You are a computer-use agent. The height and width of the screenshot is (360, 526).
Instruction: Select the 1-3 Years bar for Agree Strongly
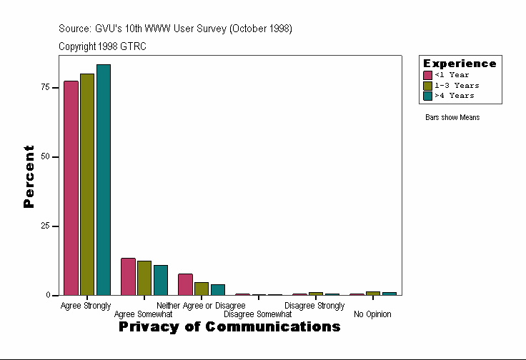coord(87,184)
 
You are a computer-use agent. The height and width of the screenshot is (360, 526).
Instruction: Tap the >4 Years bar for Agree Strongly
coord(104,180)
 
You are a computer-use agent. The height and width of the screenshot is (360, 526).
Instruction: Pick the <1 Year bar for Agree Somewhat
coord(128,276)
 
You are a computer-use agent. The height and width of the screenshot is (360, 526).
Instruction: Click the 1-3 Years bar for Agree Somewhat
coord(144,278)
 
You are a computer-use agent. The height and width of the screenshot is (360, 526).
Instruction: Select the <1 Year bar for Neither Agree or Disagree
coord(185,284)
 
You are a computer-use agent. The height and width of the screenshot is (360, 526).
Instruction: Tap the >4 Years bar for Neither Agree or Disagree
coord(218,289)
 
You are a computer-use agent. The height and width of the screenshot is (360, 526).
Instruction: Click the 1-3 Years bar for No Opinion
coord(373,293)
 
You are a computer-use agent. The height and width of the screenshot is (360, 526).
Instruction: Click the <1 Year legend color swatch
coord(427,75)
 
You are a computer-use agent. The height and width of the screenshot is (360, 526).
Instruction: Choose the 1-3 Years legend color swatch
coord(427,85)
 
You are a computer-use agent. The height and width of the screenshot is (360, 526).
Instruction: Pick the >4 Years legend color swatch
coord(427,95)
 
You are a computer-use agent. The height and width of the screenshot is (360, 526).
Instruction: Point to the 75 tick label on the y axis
coord(46,87)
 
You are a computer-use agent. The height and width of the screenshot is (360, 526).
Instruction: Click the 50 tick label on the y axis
coord(46,156)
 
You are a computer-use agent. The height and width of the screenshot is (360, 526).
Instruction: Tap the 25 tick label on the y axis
coord(46,226)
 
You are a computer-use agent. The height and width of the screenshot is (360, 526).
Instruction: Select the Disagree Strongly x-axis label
coord(314,306)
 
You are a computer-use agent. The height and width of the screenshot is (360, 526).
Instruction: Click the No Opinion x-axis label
coord(372,314)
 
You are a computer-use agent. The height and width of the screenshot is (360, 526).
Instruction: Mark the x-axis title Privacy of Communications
coord(229,327)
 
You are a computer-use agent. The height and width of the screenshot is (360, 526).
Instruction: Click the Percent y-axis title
coord(29,176)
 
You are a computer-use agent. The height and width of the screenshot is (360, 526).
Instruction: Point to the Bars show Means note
coord(452,118)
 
